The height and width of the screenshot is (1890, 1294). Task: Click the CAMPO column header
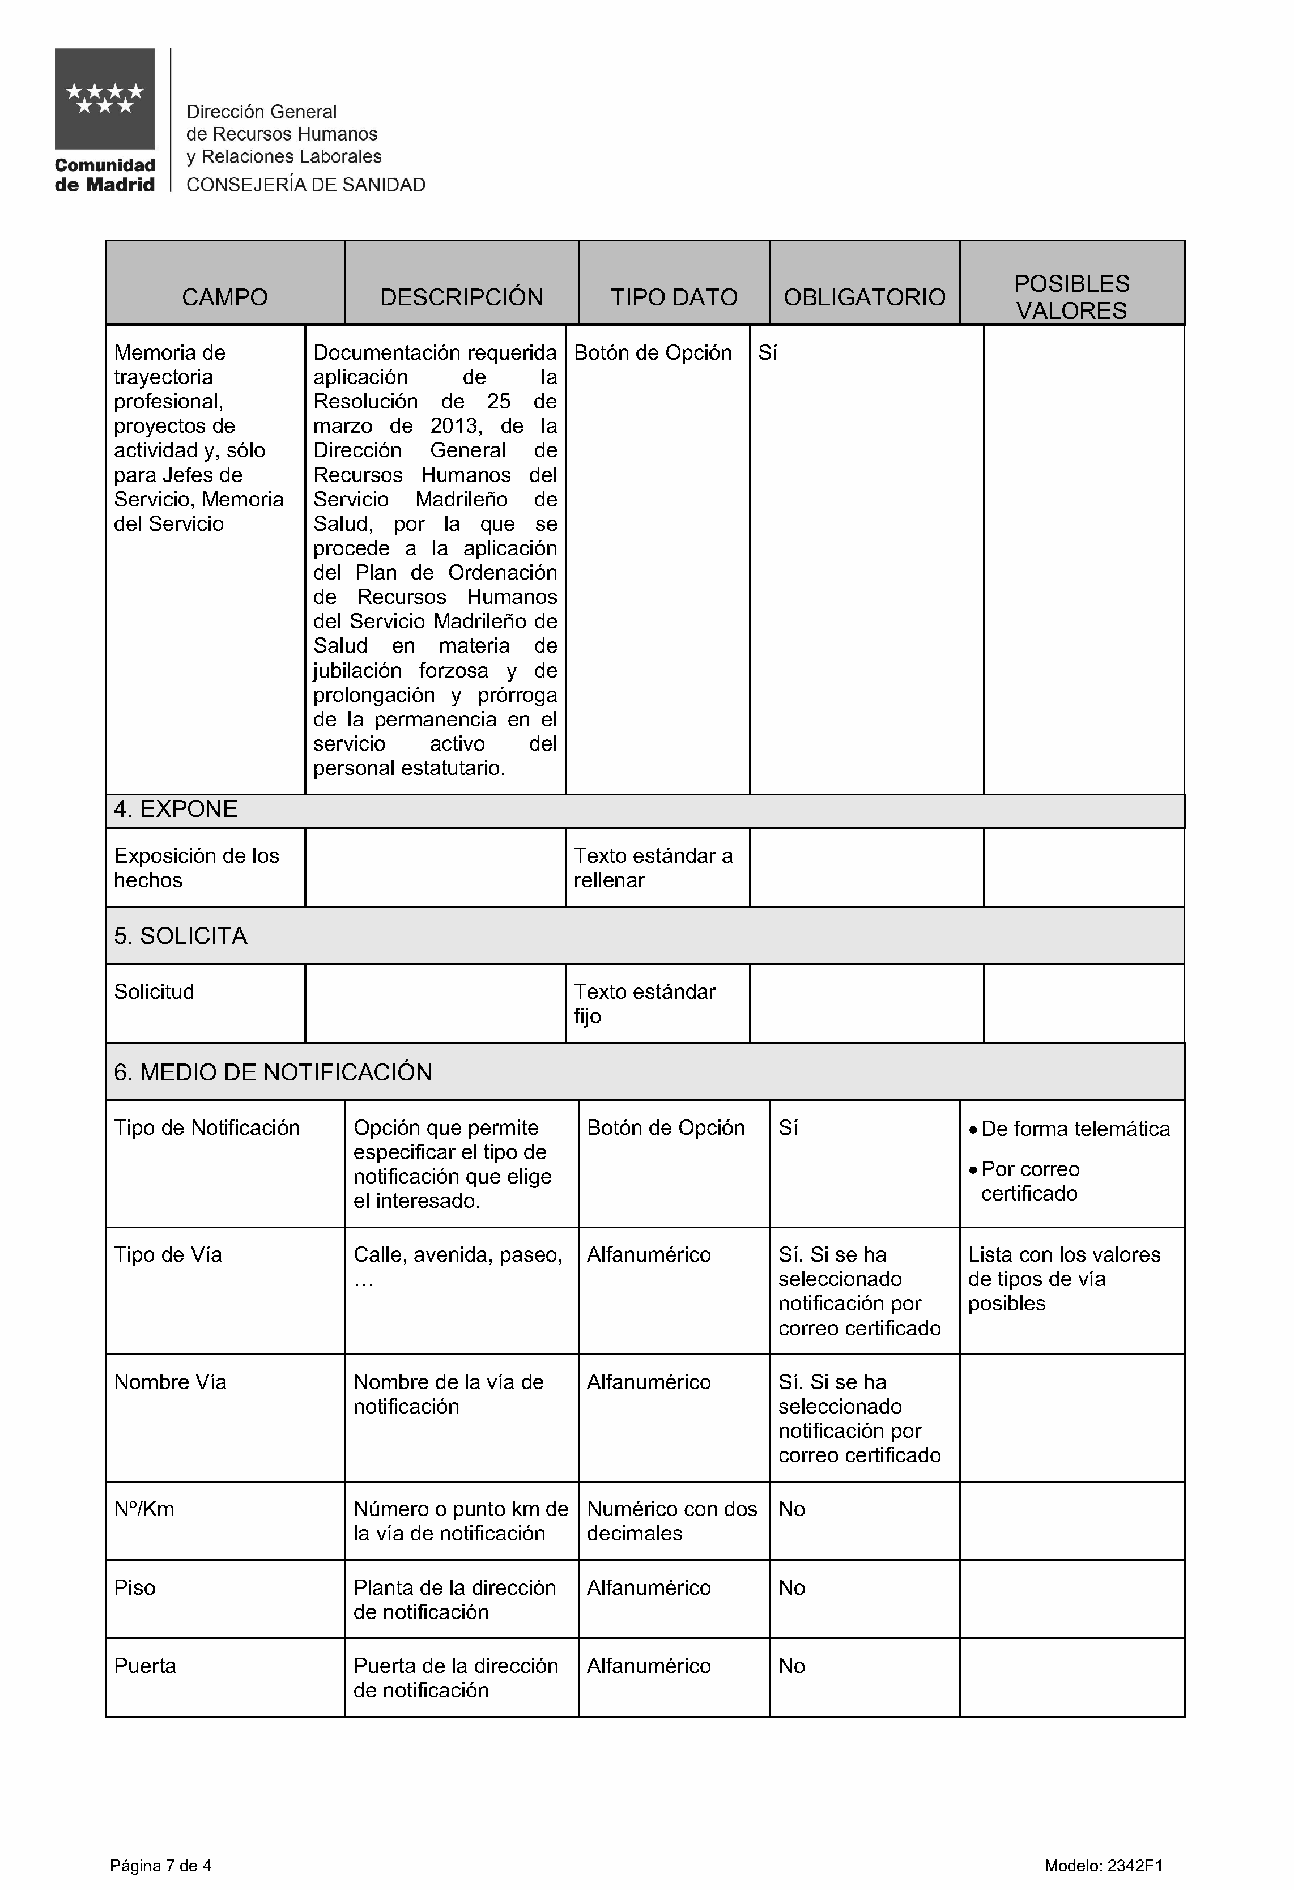pyautogui.click(x=224, y=297)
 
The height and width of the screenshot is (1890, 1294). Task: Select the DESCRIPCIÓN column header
pyautogui.click(x=461, y=297)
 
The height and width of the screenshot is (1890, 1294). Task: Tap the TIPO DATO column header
pyautogui.click(x=674, y=297)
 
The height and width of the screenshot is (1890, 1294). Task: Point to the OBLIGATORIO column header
pyautogui.click(x=864, y=297)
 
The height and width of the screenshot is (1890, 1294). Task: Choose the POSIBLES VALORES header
pyautogui.click(x=1071, y=297)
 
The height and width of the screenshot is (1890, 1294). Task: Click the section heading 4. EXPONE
pyautogui.click(x=176, y=809)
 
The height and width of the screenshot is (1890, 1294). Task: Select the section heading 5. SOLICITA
pyautogui.click(x=181, y=936)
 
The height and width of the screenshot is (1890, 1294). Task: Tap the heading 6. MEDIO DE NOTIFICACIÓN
pyautogui.click(x=273, y=1072)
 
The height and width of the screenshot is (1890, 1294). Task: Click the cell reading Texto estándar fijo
pyautogui.click(x=644, y=1003)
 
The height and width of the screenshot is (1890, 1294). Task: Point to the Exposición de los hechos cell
pyautogui.click(x=196, y=868)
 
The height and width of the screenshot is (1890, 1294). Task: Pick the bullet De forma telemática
pyautogui.click(x=1075, y=1129)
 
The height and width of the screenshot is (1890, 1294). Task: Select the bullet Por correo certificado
pyautogui.click(x=1031, y=1181)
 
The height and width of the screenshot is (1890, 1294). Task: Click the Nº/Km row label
pyautogui.click(x=144, y=1509)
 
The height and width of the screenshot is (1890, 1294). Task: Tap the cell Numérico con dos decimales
pyautogui.click(x=672, y=1521)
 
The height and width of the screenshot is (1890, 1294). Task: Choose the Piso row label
pyautogui.click(x=134, y=1587)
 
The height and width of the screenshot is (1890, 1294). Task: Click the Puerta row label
pyautogui.click(x=145, y=1666)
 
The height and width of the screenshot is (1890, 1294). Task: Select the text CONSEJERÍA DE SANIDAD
pyautogui.click(x=306, y=185)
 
